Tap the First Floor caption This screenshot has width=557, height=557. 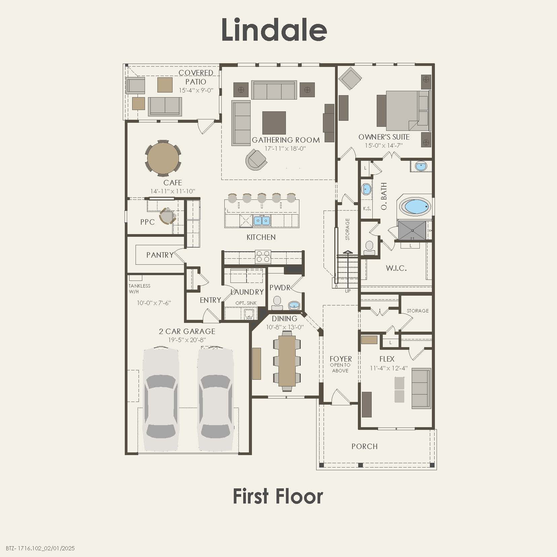(278, 496)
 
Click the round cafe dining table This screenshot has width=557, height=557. (163, 158)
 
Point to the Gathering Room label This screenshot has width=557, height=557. (286, 140)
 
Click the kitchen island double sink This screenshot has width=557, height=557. (262, 221)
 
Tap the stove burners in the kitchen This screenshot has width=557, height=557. (263, 256)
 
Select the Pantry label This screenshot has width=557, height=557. (160, 255)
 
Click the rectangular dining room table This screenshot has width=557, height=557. (287, 361)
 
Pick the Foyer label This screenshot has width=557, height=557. (340, 359)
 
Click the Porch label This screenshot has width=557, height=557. (365, 446)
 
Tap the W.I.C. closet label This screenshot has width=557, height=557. (396, 268)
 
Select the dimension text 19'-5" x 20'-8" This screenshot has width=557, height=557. (187, 340)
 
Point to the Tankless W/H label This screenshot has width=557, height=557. (139, 289)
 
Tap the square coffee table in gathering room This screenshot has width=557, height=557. (274, 122)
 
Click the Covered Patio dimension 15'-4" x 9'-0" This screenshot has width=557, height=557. (196, 90)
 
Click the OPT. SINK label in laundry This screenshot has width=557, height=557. (246, 303)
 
